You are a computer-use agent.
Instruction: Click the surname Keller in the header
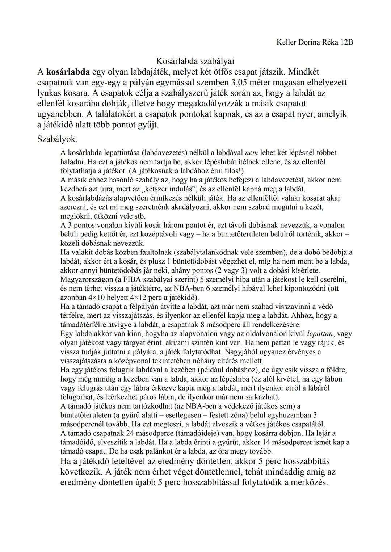[286, 42]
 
